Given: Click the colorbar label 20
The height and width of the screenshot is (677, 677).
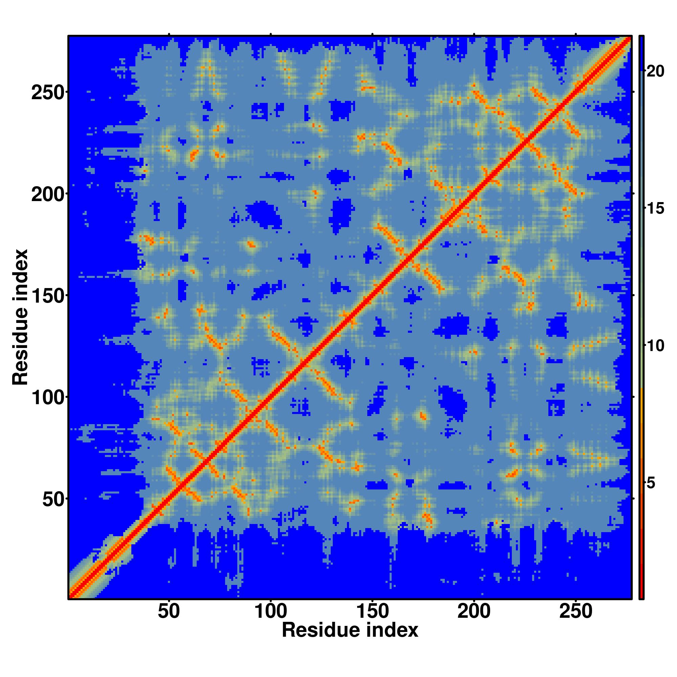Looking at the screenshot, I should [x=655, y=71].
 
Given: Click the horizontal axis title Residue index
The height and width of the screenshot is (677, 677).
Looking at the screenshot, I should [x=350, y=630].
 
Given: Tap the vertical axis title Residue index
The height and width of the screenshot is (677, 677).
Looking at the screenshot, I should [x=20, y=317].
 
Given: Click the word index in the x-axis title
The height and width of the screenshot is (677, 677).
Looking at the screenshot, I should [x=394, y=630].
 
